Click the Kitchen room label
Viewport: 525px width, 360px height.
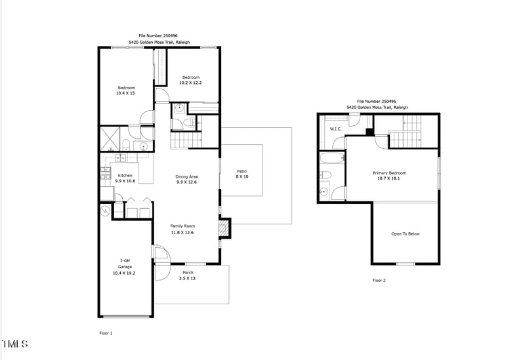(125, 175)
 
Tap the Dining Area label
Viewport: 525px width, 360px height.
(187, 176)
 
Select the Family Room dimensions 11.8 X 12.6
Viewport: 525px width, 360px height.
(182, 232)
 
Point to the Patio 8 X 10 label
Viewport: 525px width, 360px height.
(242, 174)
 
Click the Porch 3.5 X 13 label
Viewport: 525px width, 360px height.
(188, 275)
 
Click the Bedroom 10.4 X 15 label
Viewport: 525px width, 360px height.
(126, 90)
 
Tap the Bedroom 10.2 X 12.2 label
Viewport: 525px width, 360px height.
(190, 80)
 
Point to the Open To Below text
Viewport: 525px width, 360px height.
(406, 233)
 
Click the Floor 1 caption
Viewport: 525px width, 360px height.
(106, 333)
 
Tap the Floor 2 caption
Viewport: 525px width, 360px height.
(379, 280)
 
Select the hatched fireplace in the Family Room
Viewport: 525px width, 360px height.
(224, 228)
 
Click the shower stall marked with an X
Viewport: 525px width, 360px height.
(110, 139)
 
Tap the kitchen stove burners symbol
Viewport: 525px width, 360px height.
(105, 174)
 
